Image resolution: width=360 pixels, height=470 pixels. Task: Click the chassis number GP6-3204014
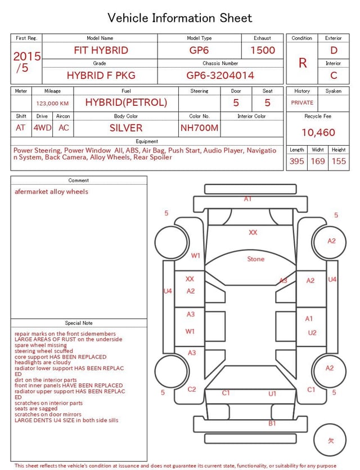tap(220, 75)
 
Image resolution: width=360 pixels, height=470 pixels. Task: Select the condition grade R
tap(303, 63)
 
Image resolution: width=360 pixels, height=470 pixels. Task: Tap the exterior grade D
tap(334, 50)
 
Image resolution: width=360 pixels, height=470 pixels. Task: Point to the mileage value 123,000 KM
tap(52, 104)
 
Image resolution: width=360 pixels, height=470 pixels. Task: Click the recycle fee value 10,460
tap(318, 132)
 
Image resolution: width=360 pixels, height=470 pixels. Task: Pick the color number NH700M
tap(200, 128)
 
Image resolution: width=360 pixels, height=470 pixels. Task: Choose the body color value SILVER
tap(126, 128)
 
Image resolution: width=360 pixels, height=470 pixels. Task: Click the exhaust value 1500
tap(263, 50)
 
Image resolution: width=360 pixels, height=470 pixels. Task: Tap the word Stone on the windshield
tap(256, 259)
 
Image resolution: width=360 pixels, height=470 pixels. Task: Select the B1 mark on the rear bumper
tap(272, 423)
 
